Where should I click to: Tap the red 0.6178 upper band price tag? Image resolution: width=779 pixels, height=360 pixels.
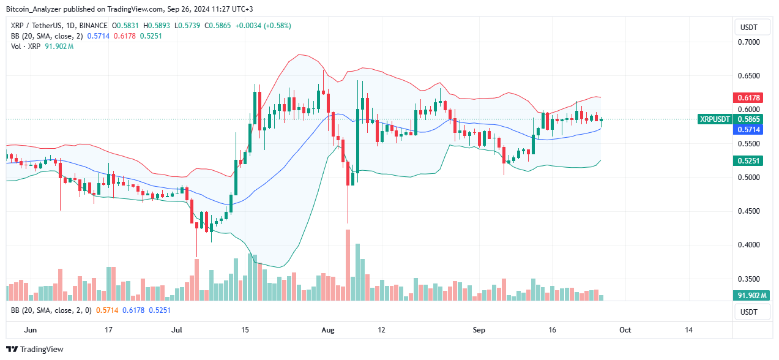(748, 98)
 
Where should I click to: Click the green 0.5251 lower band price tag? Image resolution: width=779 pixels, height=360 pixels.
(748, 160)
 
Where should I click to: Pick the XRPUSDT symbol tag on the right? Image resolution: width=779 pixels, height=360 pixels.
(714, 119)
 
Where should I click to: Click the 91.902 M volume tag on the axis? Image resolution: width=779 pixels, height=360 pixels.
(748, 296)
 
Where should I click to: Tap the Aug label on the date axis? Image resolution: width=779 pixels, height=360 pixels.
(328, 330)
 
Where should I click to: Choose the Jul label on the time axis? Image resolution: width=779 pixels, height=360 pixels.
(177, 330)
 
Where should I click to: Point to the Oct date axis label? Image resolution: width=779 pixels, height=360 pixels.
(625, 330)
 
